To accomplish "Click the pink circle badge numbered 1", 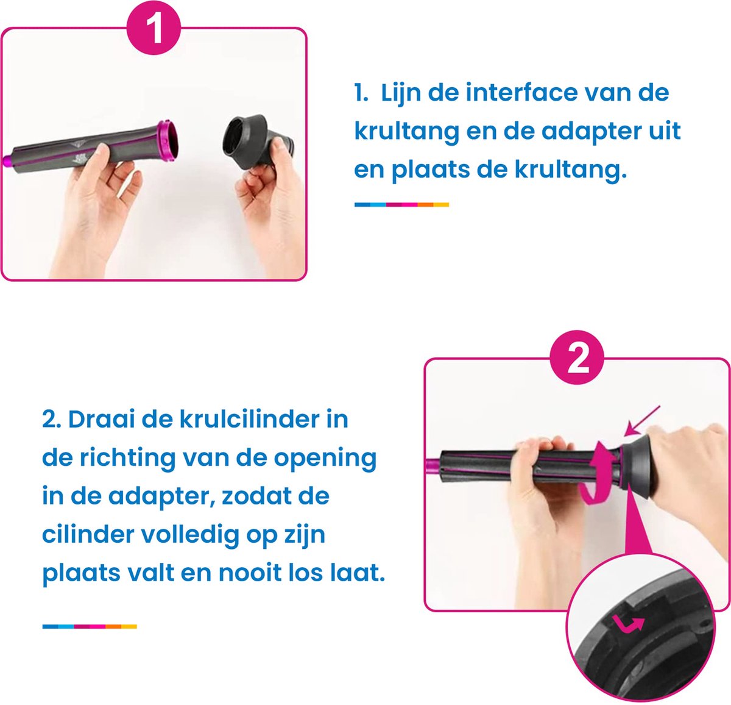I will [x=154, y=29].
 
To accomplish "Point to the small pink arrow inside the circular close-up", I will [x=627, y=623].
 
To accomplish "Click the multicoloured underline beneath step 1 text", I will [x=401, y=205].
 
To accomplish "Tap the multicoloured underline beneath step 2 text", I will [x=90, y=626].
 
